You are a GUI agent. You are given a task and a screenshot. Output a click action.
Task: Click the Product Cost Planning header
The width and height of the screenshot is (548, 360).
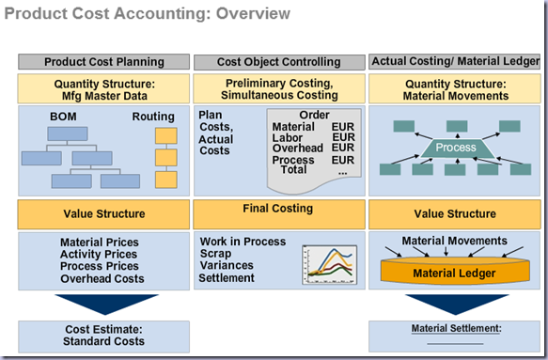tap(103, 62)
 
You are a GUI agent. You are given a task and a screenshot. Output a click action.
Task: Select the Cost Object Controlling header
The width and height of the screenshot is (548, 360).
tap(279, 62)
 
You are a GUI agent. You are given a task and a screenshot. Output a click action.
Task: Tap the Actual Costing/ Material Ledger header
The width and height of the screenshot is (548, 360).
tap(455, 61)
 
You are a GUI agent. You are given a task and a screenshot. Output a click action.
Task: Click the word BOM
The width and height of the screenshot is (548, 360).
tap(63, 117)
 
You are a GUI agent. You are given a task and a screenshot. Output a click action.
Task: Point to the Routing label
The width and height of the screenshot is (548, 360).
tap(153, 117)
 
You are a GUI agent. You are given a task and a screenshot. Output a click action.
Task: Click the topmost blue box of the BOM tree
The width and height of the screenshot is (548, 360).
tap(68, 133)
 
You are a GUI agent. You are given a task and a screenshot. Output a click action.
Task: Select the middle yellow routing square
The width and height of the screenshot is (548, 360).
tap(166, 158)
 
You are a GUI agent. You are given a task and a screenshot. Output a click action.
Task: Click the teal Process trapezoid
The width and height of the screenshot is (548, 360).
tap(456, 148)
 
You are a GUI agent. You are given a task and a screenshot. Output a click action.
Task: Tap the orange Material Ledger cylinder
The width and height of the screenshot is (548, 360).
tap(455, 271)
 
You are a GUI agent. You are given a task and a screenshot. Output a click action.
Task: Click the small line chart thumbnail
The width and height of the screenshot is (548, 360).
tap(330, 264)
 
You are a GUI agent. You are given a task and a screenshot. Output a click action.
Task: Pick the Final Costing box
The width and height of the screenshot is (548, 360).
tap(279, 214)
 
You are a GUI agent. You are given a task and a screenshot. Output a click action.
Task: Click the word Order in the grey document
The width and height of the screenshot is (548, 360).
tap(314, 115)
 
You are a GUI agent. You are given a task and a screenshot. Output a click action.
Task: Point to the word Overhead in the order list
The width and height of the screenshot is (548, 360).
tap(298, 149)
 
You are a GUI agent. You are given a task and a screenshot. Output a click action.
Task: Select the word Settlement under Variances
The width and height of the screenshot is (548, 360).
tap(227, 278)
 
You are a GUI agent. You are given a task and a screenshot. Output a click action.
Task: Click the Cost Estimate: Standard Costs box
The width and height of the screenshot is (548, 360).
tap(103, 337)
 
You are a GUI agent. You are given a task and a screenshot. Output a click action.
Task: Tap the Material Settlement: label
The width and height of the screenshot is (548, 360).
tap(457, 329)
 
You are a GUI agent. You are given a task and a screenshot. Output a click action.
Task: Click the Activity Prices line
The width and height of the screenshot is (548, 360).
tap(99, 254)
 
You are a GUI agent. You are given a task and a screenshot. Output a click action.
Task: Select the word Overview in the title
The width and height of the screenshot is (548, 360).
tap(253, 14)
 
